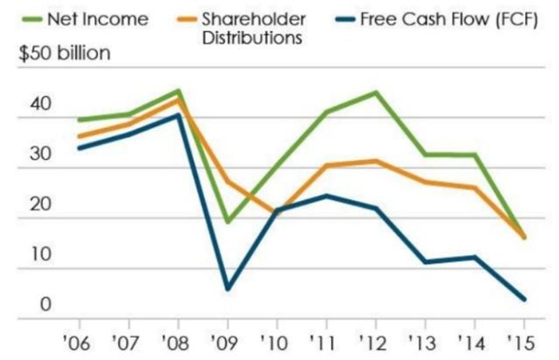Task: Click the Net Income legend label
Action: point(98,19)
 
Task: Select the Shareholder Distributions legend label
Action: point(253,28)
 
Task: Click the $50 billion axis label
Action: point(64,54)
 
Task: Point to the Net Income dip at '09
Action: point(228,221)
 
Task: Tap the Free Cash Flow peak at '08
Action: point(179,115)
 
